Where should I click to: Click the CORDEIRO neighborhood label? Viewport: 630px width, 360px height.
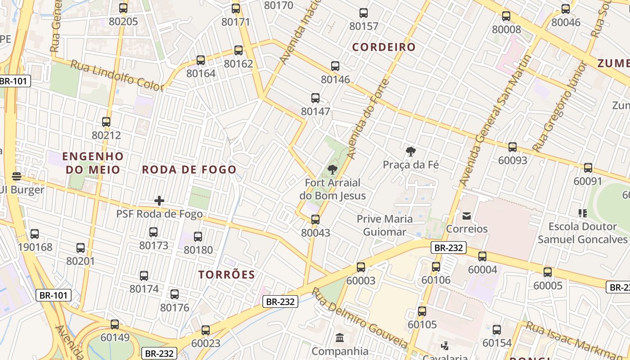[384, 47]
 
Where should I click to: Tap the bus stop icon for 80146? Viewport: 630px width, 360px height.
[335, 66]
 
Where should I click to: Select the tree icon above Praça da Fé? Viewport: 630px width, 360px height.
[410, 152]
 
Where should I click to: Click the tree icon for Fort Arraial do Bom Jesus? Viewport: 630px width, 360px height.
[332, 170]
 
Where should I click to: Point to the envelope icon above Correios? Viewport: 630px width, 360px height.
[466, 216]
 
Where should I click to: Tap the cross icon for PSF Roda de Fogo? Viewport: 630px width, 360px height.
[159, 201]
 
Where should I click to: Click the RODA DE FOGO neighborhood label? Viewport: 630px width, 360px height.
[189, 170]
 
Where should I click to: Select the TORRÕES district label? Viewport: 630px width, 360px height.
[227, 274]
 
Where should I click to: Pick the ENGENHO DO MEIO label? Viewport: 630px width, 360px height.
[93, 163]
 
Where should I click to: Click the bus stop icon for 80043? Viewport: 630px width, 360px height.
[315, 220]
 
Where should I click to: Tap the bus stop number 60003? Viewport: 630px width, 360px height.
[360, 281]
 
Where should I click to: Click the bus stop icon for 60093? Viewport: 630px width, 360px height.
[512, 147]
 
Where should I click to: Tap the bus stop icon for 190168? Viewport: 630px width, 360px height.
[35, 234]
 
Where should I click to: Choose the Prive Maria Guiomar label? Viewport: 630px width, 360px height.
[384, 225]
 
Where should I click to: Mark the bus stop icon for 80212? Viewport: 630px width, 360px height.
[106, 122]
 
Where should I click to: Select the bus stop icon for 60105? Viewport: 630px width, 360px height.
[422, 311]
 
